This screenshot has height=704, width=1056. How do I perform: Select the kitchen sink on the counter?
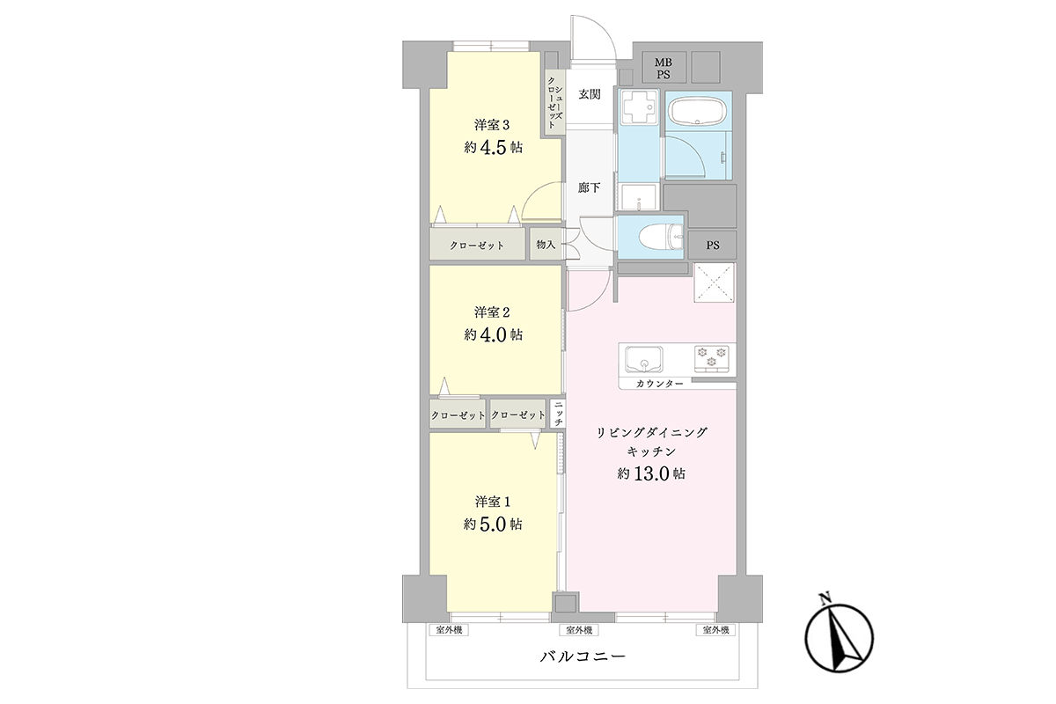point(643,359)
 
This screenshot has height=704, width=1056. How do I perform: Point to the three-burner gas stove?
point(711,358)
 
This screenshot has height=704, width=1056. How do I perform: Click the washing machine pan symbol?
point(639,107)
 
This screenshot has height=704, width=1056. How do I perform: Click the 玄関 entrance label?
point(590,94)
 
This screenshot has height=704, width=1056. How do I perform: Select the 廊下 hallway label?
point(590,187)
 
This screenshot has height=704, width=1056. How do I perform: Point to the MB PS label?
point(664,69)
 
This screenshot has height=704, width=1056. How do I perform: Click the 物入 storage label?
point(546,245)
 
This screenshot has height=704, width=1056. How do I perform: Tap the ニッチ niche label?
point(559,414)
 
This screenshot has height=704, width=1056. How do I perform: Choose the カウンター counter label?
point(659,384)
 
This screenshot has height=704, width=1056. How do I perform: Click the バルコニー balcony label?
point(583,656)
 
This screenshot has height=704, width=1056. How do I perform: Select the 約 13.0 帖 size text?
point(651,474)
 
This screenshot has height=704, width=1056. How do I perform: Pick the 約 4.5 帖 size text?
point(493,148)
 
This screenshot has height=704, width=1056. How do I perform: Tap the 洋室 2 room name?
point(492,312)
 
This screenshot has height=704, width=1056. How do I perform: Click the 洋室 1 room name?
point(493,502)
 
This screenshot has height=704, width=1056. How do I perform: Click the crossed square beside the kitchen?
point(714,282)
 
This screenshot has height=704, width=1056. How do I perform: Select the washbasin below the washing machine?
point(638,197)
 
